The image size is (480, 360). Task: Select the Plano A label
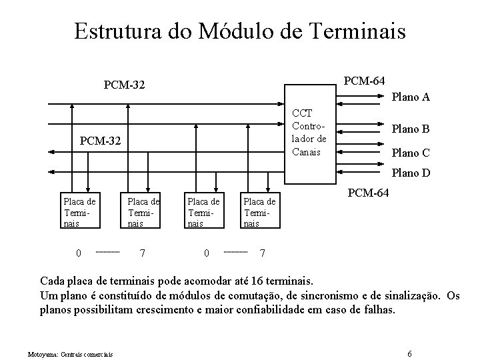[x=410, y=97]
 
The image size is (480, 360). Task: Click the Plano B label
[x=410, y=129]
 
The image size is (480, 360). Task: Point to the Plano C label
[x=410, y=153]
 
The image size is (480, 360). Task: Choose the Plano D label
[x=410, y=173]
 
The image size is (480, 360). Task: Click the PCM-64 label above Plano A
[x=363, y=81]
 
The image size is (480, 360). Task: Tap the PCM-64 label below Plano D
[x=371, y=193]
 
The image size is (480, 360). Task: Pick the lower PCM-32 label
[x=100, y=141]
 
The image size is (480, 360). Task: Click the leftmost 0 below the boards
[x=78, y=253]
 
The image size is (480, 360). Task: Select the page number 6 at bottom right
[x=409, y=352]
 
